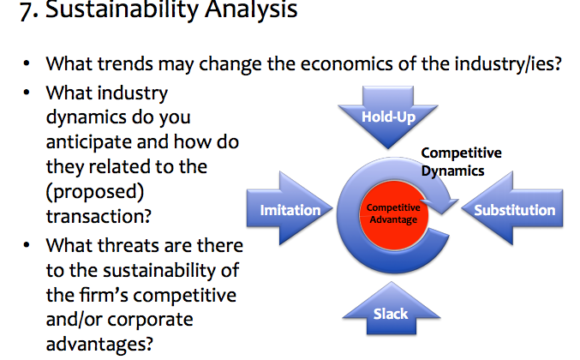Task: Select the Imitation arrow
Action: pyautogui.click(x=290, y=208)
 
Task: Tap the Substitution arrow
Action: pyautogui.click(x=512, y=208)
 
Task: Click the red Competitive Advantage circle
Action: pyautogui.click(x=393, y=214)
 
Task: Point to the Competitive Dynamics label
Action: pyautogui.click(x=461, y=162)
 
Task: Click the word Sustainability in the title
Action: pyautogui.click(x=122, y=9)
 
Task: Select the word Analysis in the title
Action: pyautogui.click(x=251, y=9)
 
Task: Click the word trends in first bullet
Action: pyautogui.click(x=125, y=63)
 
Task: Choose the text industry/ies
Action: pyautogui.click(x=508, y=64)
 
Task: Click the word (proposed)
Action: pyautogui.click(x=95, y=192)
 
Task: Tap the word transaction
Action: pyautogui.click(x=99, y=216)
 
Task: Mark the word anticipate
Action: pyautogui.click(x=88, y=142)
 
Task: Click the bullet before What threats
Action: pyautogui.click(x=27, y=245)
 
